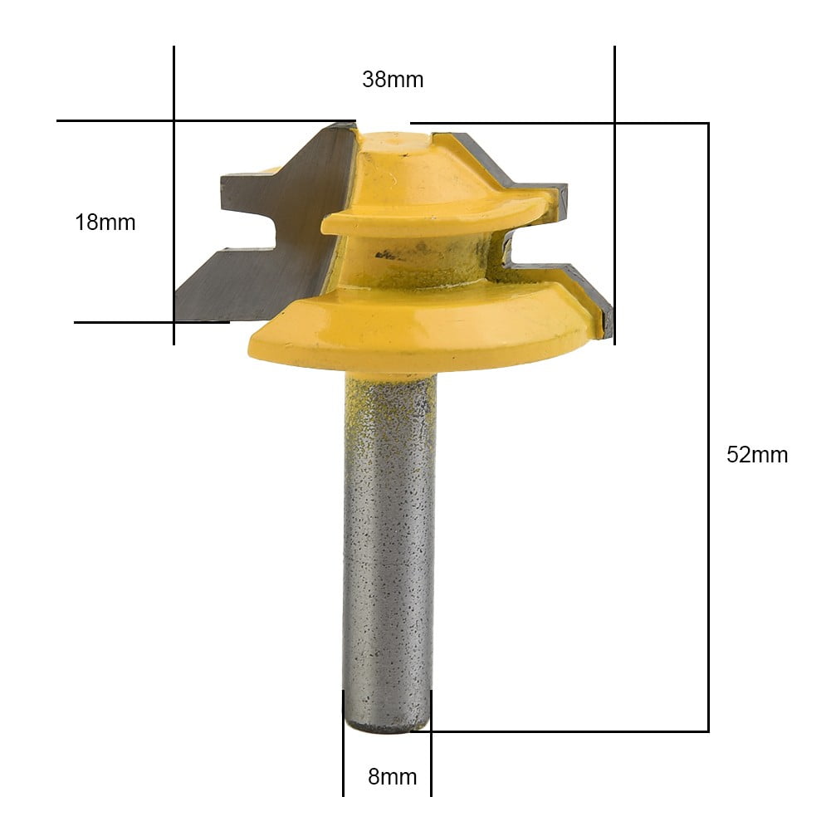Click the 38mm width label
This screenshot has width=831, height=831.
tap(393, 80)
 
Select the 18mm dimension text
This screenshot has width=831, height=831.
tap(105, 222)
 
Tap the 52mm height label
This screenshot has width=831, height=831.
tap(757, 455)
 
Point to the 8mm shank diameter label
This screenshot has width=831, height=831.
tap(392, 777)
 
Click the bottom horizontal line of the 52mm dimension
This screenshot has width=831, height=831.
tap(573, 731)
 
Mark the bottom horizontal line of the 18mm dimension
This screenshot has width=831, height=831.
tap(125, 322)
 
